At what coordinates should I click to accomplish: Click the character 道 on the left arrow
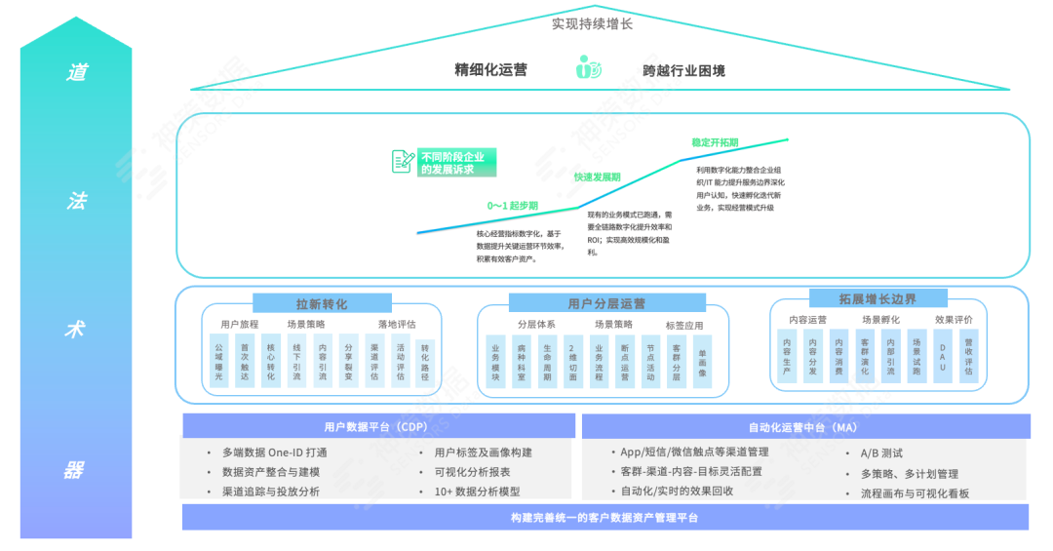click(x=76, y=72)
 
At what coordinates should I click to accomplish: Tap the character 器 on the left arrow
click(x=76, y=470)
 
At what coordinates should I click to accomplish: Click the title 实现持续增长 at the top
click(x=591, y=23)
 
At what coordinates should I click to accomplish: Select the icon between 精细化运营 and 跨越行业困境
click(x=588, y=69)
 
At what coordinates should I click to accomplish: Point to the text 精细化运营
click(x=490, y=70)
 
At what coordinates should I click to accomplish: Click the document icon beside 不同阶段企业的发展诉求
click(x=403, y=162)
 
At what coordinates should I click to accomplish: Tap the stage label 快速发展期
click(x=597, y=177)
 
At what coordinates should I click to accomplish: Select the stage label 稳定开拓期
click(x=715, y=142)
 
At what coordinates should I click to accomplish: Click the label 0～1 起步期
click(x=511, y=207)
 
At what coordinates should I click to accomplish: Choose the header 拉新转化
click(x=321, y=303)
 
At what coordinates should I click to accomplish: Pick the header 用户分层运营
click(x=605, y=303)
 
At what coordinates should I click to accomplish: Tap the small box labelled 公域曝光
click(x=219, y=361)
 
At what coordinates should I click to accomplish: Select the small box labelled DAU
click(x=942, y=355)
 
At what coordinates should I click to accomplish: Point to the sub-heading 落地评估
click(x=398, y=325)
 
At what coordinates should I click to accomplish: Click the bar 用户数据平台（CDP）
click(x=375, y=426)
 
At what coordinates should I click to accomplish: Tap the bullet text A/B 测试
click(x=881, y=453)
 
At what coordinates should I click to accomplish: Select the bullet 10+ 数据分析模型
click(x=477, y=492)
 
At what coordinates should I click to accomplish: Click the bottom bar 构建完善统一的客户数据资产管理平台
click(x=604, y=517)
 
